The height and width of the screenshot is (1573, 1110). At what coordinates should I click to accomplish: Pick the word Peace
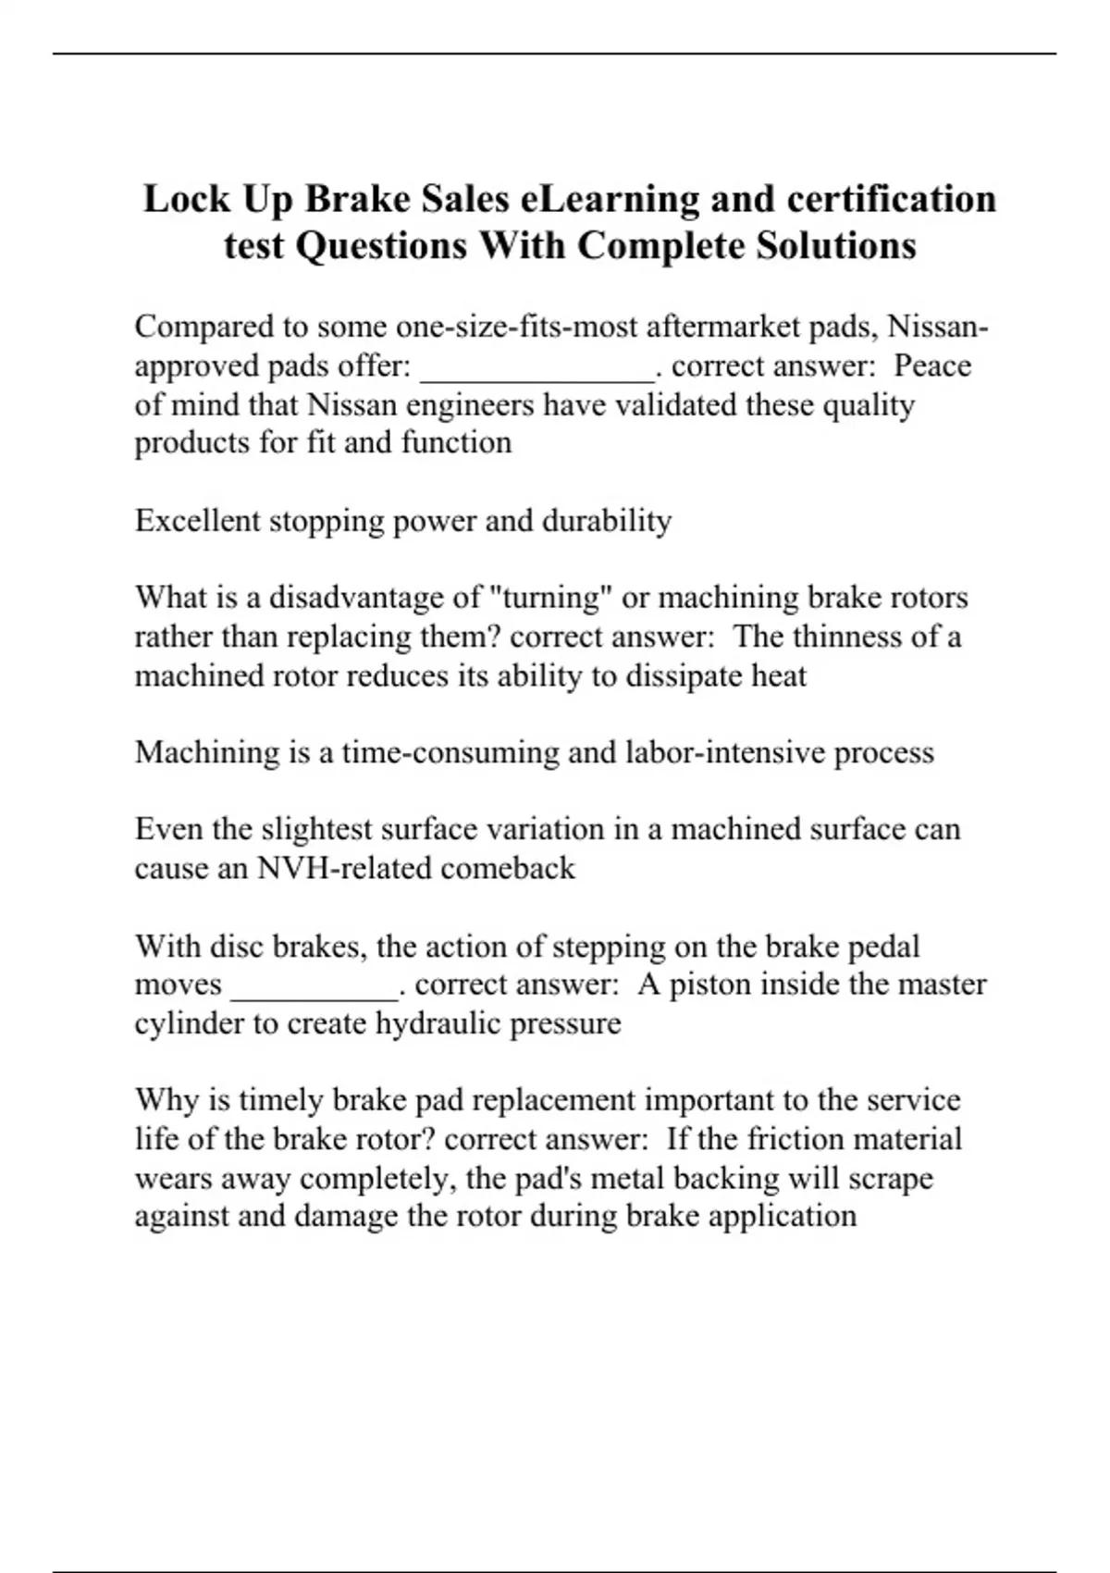[932, 366]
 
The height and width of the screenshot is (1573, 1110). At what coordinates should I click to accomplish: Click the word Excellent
[198, 521]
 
